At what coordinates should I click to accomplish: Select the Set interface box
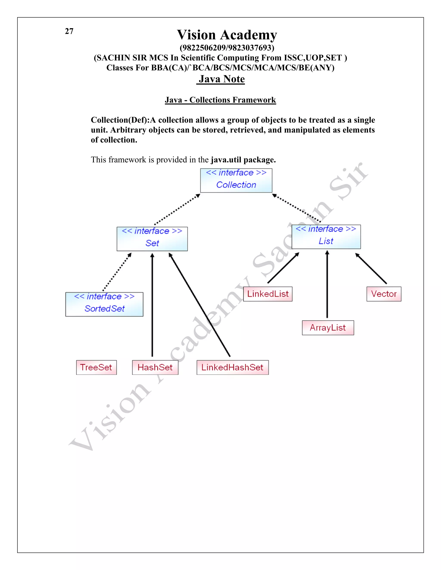click(152, 239)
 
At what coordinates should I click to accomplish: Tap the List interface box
click(326, 237)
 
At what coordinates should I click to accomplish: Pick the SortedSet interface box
click(104, 304)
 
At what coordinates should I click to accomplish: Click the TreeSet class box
click(96, 367)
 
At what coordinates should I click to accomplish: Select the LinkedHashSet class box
click(232, 367)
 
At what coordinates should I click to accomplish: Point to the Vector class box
click(384, 294)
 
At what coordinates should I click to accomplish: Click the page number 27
click(69, 31)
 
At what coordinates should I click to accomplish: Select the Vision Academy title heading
click(227, 35)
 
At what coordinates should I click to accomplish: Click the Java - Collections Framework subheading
click(220, 100)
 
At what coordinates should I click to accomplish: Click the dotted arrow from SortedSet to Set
click(117, 272)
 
